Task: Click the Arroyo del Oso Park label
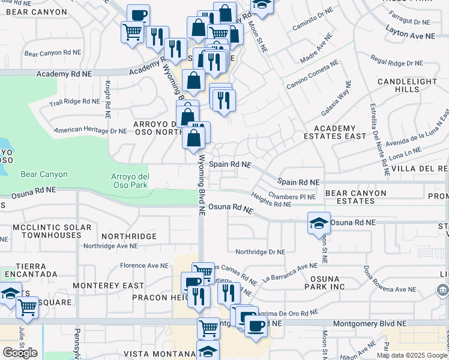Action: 130,181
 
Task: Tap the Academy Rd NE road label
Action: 64,74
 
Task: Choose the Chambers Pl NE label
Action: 292,196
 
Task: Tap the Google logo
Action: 20,353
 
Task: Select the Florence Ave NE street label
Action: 144,265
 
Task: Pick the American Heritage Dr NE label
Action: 91,130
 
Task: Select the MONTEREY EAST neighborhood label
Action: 108,286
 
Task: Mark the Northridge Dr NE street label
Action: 260,253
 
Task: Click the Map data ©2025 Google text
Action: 412,355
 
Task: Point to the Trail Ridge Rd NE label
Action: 74,103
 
